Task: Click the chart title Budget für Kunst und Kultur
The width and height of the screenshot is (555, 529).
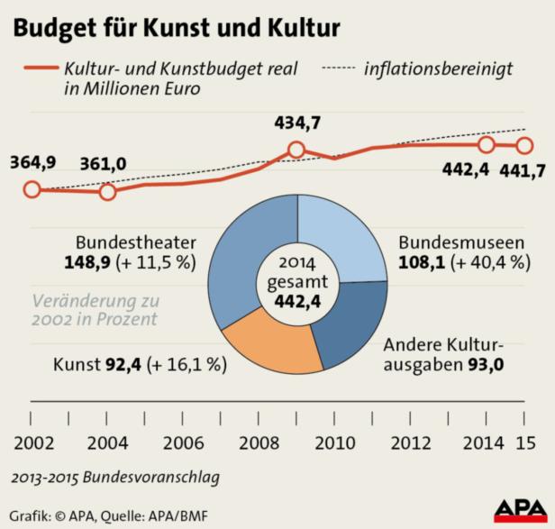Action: click(176, 28)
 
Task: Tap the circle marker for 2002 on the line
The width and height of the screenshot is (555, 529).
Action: click(32, 189)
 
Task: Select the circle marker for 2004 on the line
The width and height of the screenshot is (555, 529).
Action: click(107, 192)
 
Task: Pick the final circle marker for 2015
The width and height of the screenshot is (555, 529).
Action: click(524, 145)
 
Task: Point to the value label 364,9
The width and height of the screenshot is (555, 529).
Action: click(32, 163)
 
